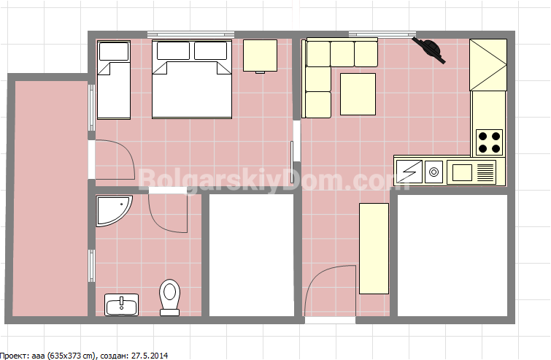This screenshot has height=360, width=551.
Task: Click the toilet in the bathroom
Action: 170,297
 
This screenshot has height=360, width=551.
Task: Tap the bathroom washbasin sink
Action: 122,305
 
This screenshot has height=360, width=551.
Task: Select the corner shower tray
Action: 112,210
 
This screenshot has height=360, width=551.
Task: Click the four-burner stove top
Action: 489,142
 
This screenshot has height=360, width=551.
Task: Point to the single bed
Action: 114,80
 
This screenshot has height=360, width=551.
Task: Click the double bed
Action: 192,79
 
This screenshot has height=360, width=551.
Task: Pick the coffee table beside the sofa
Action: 358,94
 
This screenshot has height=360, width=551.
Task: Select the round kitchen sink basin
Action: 434,172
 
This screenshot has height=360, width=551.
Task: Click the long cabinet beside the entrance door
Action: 374,248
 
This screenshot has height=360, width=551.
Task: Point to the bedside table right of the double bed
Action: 260,56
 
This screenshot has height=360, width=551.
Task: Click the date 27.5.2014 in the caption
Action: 150,356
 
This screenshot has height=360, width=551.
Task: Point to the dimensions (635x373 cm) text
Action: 70,356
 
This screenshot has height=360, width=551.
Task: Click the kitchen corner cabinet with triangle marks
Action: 488,65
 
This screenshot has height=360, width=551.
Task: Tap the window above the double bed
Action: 190,34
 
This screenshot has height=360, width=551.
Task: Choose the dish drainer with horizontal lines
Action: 485,172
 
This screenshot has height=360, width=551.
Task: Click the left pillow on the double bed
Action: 173,50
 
